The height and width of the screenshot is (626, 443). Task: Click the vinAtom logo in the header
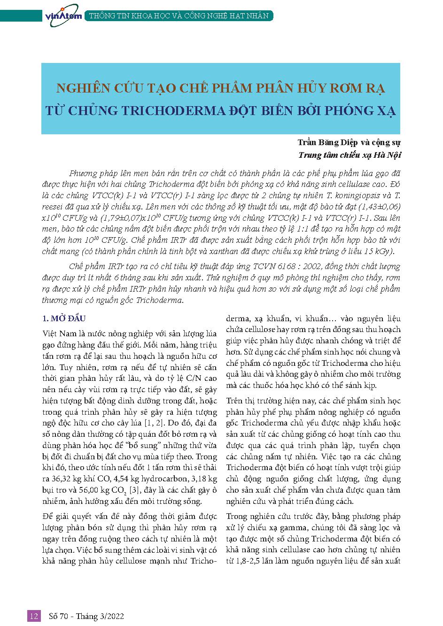pyautogui.click(x=63, y=15)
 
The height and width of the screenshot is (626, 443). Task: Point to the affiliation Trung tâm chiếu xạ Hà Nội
pyautogui.click(x=350, y=155)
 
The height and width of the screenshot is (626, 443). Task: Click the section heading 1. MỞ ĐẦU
pyautogui.click(x=64, y=319)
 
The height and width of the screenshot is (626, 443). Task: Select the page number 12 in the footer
pyautogui.click(x=34, y=616)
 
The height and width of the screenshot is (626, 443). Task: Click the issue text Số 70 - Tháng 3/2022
pyautogui.click(x=86, y=616)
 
